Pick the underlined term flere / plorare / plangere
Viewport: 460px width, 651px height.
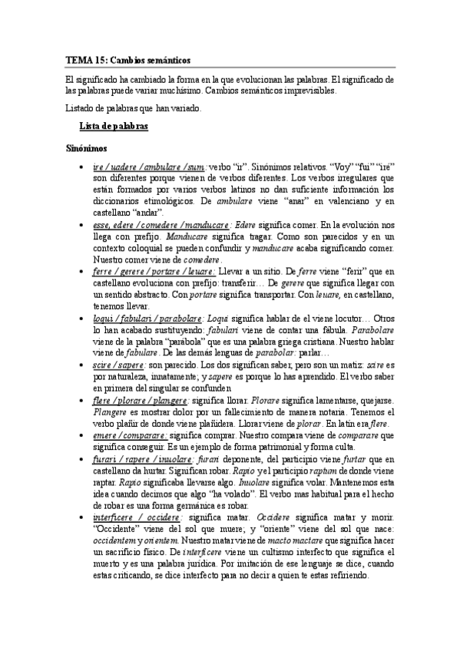(x=139, y=400)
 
